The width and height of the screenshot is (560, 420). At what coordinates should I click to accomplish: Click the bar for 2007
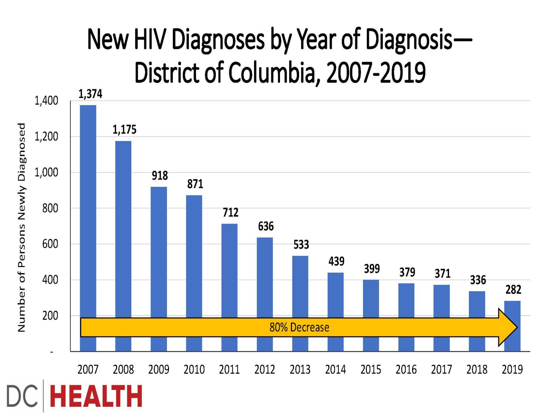point(88,210)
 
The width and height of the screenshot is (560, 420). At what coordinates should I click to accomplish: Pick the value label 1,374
point(90,94)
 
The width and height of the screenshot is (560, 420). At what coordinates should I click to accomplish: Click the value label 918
point(160,175)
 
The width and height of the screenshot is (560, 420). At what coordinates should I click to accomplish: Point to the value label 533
point(301,244)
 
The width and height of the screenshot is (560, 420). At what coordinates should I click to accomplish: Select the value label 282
point(513,289)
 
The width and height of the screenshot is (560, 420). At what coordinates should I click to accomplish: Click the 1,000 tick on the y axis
point(46,172)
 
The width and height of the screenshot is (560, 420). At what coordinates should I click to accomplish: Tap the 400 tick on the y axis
point(50,280)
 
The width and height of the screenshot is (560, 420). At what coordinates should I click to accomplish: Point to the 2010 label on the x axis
point(194,369)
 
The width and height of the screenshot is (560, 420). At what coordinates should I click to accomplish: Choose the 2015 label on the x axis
point(371,369)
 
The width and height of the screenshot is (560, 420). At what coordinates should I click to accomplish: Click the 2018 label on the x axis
point(477,369)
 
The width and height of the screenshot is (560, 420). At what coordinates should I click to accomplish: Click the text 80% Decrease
point(299,327)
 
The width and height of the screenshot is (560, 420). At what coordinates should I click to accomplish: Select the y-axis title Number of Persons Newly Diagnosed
point(22,227)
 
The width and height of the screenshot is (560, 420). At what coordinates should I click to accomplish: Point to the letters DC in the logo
point(22,396)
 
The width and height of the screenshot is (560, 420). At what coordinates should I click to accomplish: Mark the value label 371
point(442,273)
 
